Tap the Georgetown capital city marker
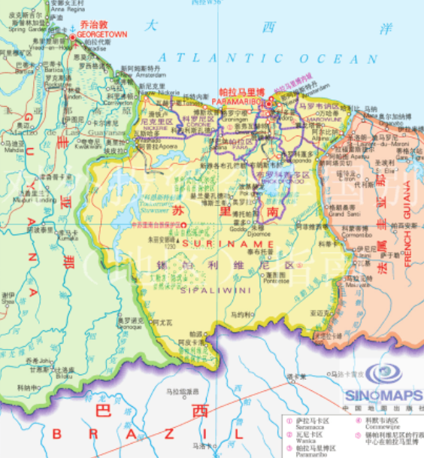pos(73,38)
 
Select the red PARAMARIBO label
pos(241,99)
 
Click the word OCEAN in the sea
pos(332,59)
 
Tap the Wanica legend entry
pos(307,435)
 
